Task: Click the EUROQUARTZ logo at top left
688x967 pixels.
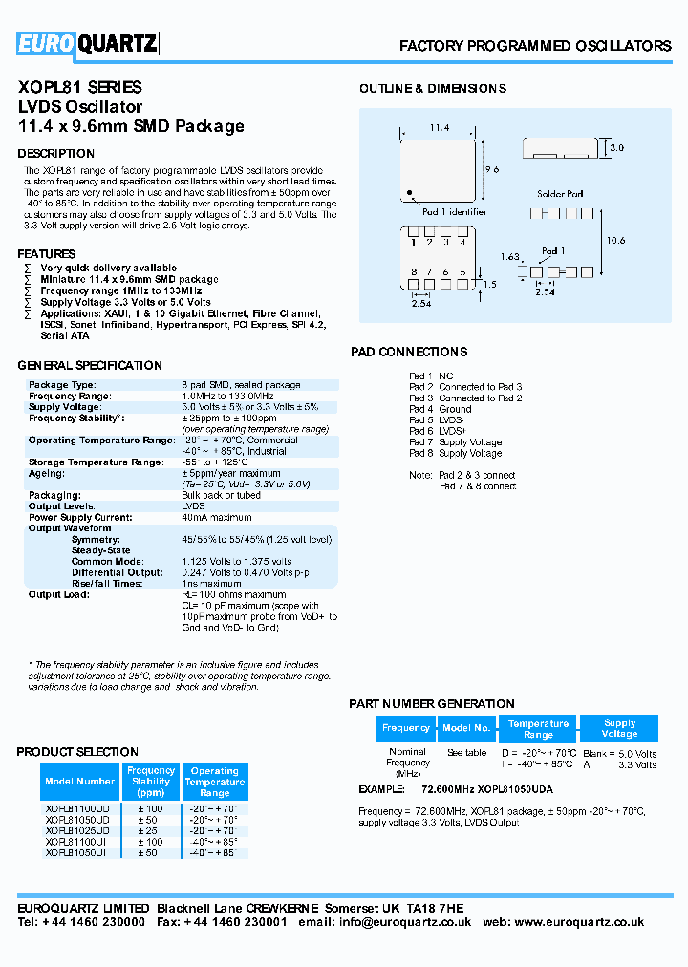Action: pos(88,44)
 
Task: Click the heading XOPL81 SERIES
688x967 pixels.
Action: pos(80,87)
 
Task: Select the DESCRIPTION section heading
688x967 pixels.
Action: pos(56,153)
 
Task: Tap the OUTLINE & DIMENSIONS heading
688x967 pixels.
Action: pos(433,88)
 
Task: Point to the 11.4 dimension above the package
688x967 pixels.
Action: pos(439,127)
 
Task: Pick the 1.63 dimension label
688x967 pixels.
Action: pos(510,256)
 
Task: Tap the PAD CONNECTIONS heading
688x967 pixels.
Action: pos(409,352)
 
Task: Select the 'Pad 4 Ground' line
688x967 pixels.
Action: pos(441,409)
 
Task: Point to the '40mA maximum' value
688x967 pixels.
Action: pos(217,518)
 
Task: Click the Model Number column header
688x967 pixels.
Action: pos(80,782)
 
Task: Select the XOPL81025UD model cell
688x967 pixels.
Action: pos(77,830)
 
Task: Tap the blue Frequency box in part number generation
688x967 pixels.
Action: pos(406,728)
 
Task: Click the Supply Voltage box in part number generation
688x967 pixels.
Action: pos(619,728)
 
